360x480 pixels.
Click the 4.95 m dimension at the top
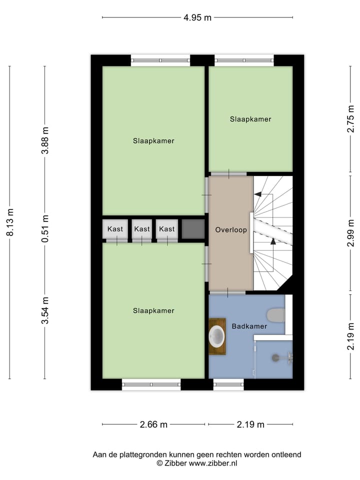coord(197,17)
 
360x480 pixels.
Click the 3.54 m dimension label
coord(45,310)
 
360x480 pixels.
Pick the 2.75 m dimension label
coord(350,119)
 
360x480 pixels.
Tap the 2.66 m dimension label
coord(153,424)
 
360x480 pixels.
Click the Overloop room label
coord(231,230)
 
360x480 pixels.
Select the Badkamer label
coord(249,326)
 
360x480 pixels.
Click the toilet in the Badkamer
coord(275,315)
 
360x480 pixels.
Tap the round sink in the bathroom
coord(217,336)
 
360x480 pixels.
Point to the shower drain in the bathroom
coord(275,357)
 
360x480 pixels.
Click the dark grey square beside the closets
coord(193,229)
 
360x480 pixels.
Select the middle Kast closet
coord(142,229)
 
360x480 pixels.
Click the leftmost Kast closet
coord(115,229)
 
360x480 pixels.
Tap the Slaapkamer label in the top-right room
coord(250,119)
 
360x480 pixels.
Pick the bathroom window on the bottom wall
coord(228,384)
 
